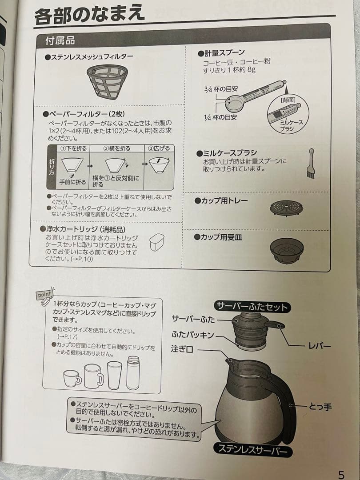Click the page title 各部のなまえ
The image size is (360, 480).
pyautogui.click(x=89, y=15)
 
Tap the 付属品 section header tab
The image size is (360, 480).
pyautogui.click(x=60, y=41)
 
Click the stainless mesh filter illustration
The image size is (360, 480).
pyautogui.click(x=106, y=81)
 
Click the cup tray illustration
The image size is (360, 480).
pyautogui.click(x=286, y=208)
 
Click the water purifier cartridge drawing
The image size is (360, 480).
pyautogui.click(x=156, y=242)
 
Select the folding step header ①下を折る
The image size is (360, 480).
pyautogui.click(x=74, y=148)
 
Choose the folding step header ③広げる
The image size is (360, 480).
pyautogui.click(x=158, y=148)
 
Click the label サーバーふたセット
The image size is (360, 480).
pyautogui.click(x=252, y=306)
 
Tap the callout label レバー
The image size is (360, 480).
pyautogui.click(x=320, y=345)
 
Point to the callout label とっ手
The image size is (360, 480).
pyautogui.click(x=320, y=406)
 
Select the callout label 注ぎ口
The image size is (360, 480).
pyautogui.click(x=182, y=350)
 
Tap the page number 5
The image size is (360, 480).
pyautogui.click(x=341, y=474)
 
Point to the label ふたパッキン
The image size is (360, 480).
pyautogui.click(x=192, y=334)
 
